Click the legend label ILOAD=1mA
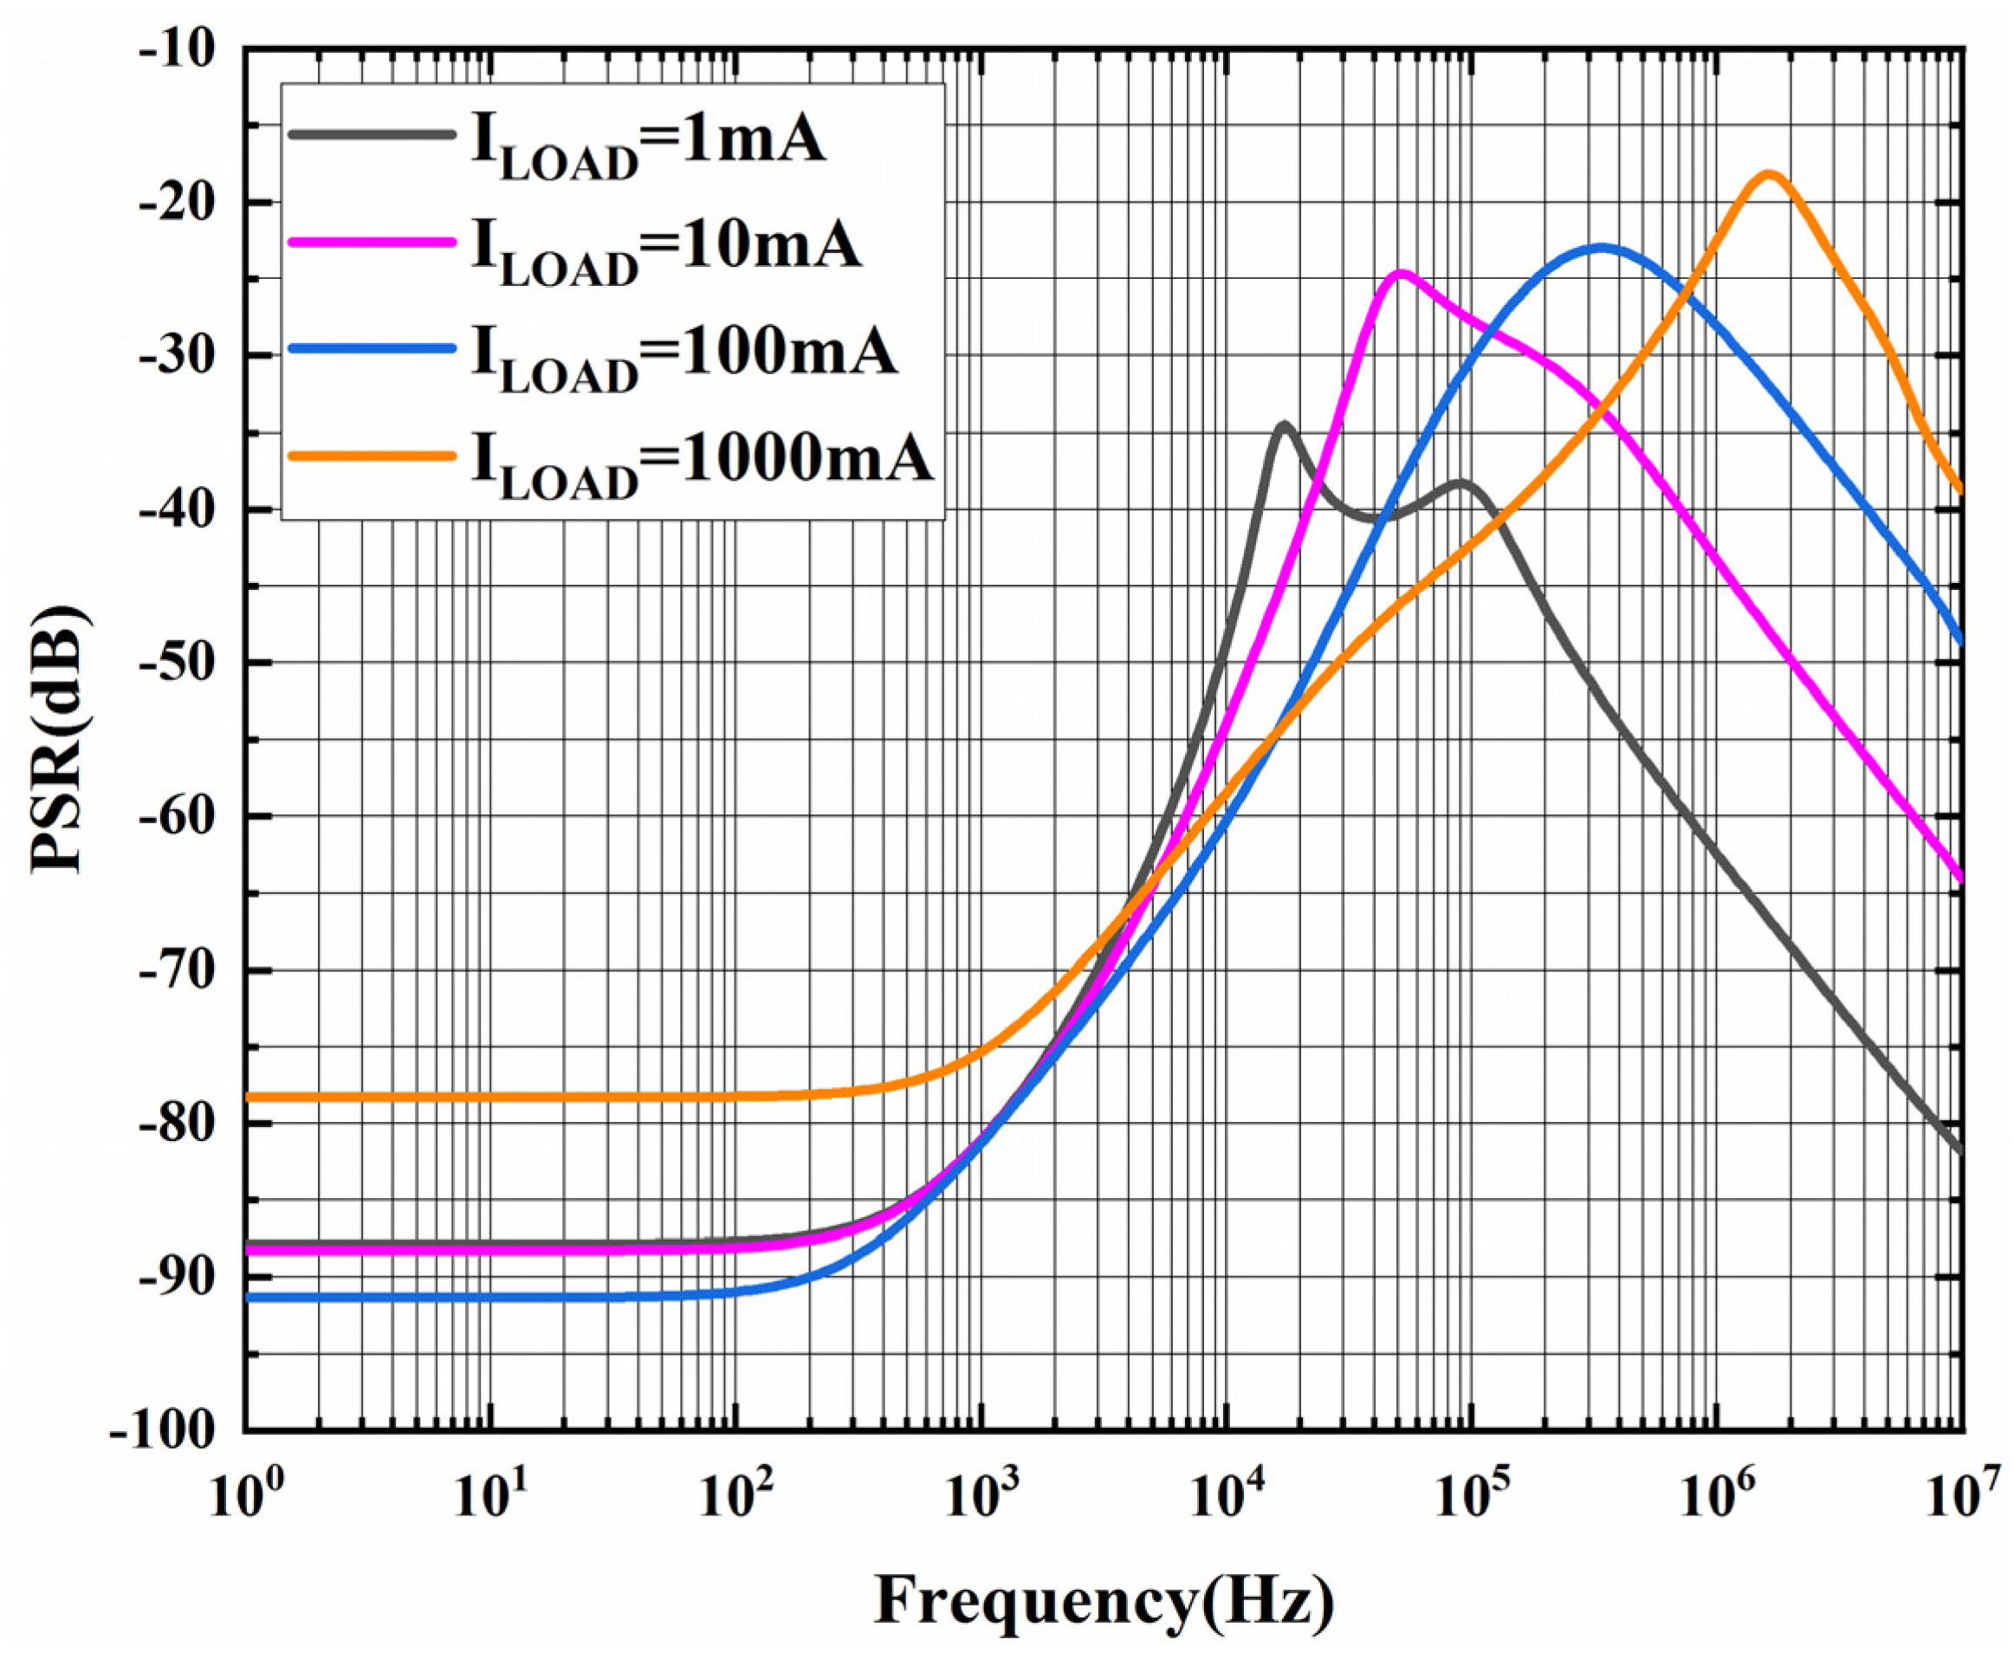648,143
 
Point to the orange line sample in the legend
371,457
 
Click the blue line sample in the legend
371,350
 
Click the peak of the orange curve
1769,175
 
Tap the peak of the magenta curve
1401,273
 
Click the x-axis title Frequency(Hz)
1104,1602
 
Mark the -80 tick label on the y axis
177,1124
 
